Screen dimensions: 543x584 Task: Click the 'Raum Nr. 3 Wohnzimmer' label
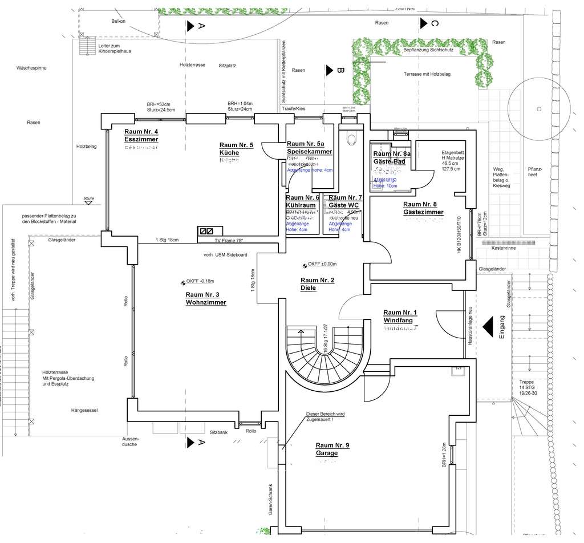(206, 298)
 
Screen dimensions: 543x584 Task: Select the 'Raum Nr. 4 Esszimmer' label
(141, 136)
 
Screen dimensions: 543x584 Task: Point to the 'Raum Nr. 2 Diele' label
(317, 283)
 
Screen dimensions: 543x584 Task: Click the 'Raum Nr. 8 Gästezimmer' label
(423, 208)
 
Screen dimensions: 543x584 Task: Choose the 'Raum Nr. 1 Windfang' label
(400, 316)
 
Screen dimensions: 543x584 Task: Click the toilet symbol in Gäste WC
(351, 139)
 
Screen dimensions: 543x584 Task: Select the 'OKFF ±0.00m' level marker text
(322, 264)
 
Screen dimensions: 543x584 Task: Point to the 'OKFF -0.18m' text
(200, 281)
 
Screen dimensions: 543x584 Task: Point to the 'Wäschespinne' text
(31, 68)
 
